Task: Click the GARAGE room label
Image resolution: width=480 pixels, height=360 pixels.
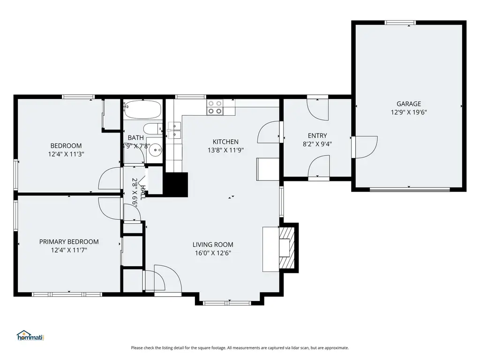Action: pos(409,104)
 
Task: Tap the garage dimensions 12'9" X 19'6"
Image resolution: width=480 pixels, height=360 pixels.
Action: pos(409,112)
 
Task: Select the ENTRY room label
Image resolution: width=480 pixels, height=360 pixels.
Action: pos(317,135)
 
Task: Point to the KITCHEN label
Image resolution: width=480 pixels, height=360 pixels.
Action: pos(225,142)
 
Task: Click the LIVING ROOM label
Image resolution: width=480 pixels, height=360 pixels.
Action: pos(213,245)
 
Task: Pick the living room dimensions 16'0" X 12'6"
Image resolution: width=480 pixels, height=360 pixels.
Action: pos(213,253)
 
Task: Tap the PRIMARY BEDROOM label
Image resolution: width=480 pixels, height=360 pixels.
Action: pos(69,241)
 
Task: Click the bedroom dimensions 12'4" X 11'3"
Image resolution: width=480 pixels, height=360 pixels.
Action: pos(66,154)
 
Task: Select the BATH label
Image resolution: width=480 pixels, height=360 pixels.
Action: pos(135,138)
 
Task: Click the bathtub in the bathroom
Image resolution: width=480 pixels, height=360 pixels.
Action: pos(142,110)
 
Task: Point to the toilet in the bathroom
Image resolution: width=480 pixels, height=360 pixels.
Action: pos(153,128)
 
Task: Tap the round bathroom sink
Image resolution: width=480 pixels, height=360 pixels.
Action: pos(156,150)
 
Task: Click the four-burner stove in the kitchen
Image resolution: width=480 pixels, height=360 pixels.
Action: pos(215,107)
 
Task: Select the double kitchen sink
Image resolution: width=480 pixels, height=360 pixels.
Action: pos(174,130)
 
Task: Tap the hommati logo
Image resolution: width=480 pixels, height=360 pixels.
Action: pos(30,336)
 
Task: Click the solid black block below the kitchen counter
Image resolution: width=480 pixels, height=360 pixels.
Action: pos(177,185)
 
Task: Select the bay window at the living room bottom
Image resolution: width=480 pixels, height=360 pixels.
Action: pos(227,303)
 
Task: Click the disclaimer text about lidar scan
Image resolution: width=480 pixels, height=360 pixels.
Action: pos(240,348)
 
